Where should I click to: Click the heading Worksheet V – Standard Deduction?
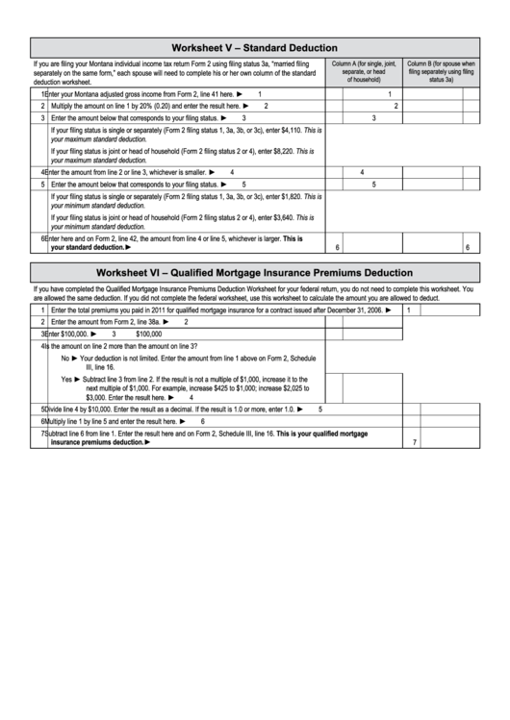(x=254, y=47)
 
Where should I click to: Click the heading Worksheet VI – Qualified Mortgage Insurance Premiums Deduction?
(x=254, y=272)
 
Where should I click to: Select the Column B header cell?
(x=442, y=71)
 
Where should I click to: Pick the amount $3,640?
(x=276, y=217)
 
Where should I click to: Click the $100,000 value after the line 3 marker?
(x=149, y=334)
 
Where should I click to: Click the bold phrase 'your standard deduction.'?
(x=88, y=247)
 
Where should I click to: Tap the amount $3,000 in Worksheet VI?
(x=95, y=396)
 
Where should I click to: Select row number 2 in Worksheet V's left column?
(x=42, y=106)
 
